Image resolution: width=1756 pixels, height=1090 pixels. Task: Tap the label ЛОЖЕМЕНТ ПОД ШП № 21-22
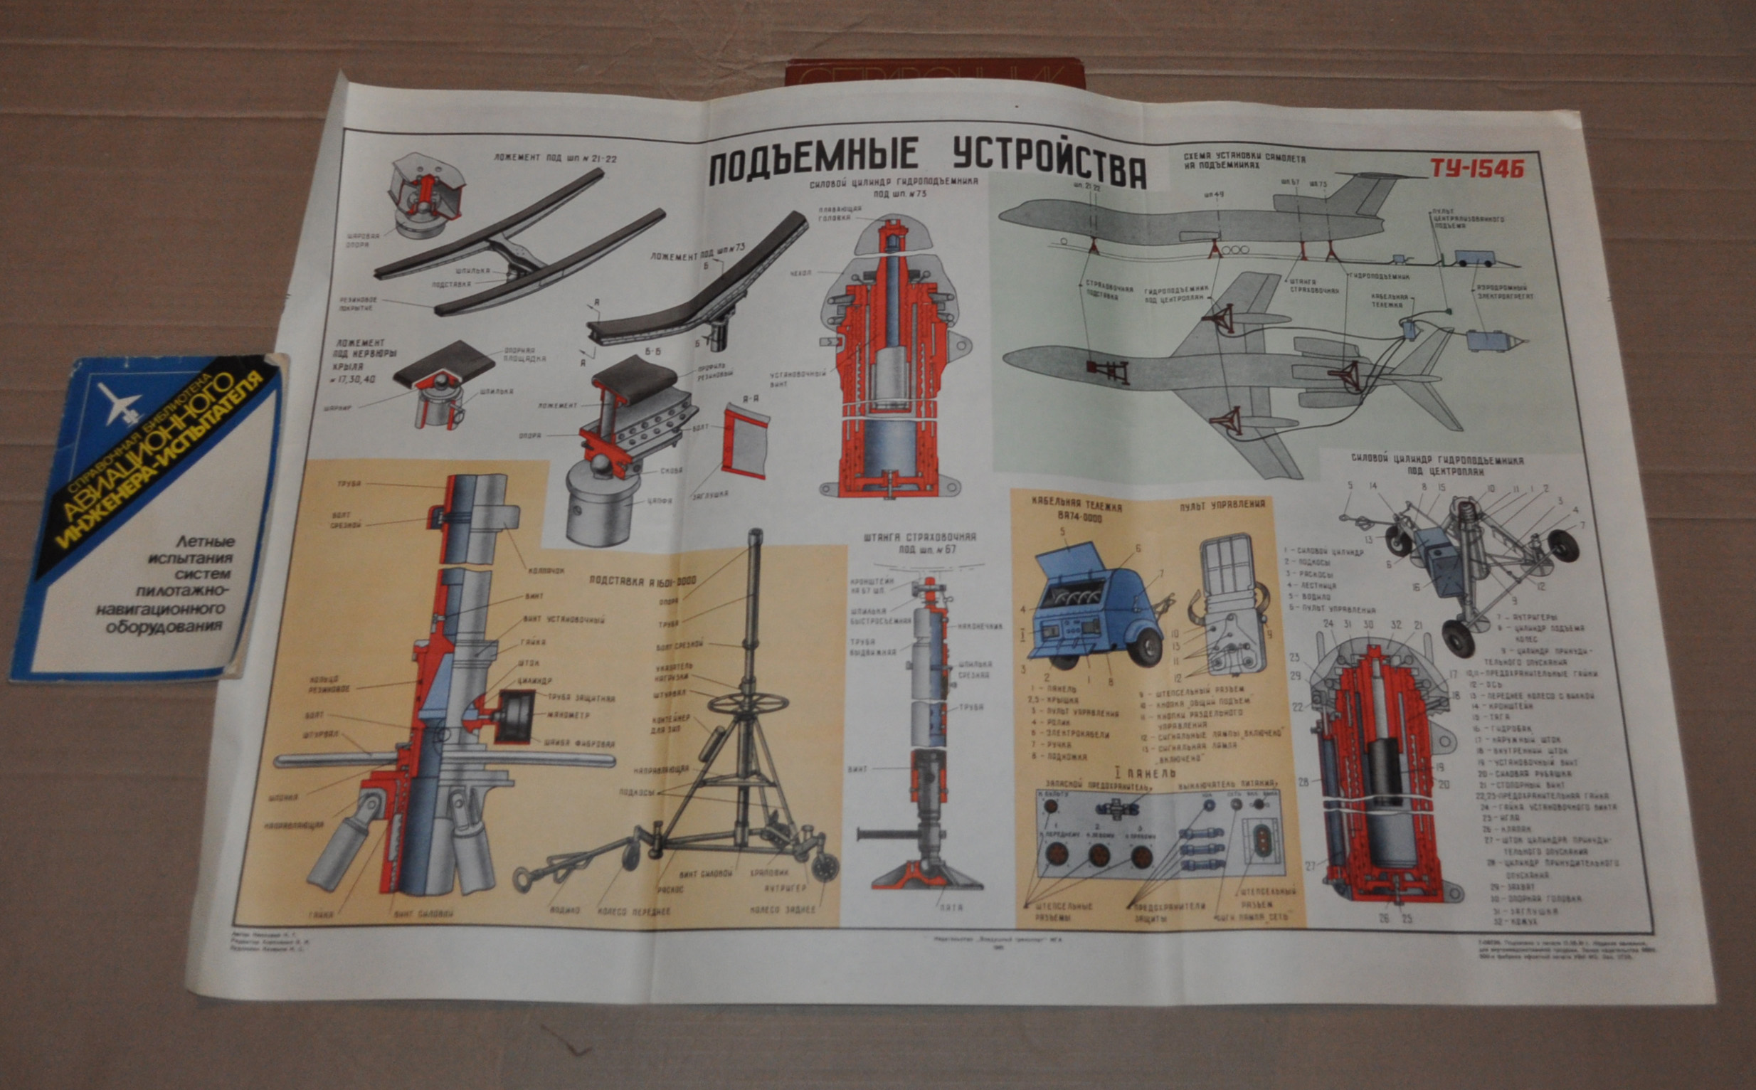pos(555,157)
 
